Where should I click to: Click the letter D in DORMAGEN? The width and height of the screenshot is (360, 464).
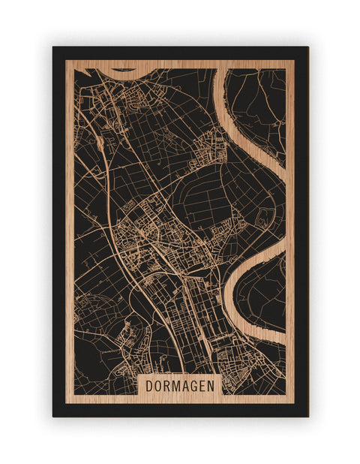tap(148, 385)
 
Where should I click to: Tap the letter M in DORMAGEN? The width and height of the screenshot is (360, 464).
tap(174, 385)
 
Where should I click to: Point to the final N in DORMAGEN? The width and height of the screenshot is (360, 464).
tap(211, 385)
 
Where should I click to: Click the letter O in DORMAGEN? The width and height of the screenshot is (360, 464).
tap(157, 385)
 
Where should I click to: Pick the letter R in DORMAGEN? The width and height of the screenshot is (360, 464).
tap(165, 385)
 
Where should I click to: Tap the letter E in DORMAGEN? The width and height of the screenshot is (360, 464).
tap(202, 385)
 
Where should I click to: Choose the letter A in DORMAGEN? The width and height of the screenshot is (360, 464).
tap(184, 385)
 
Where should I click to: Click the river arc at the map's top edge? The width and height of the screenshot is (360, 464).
tap(124, 72)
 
